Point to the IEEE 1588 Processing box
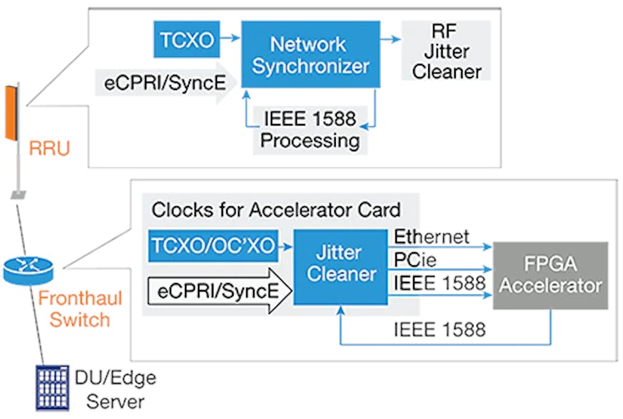(310, 129)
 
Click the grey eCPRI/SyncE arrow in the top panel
(164, 84)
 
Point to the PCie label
(416, 261)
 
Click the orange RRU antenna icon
(10, 112)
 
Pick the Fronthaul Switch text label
(73, 309)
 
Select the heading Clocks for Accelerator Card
(275, 210)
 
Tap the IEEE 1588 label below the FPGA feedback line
(439, 328)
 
